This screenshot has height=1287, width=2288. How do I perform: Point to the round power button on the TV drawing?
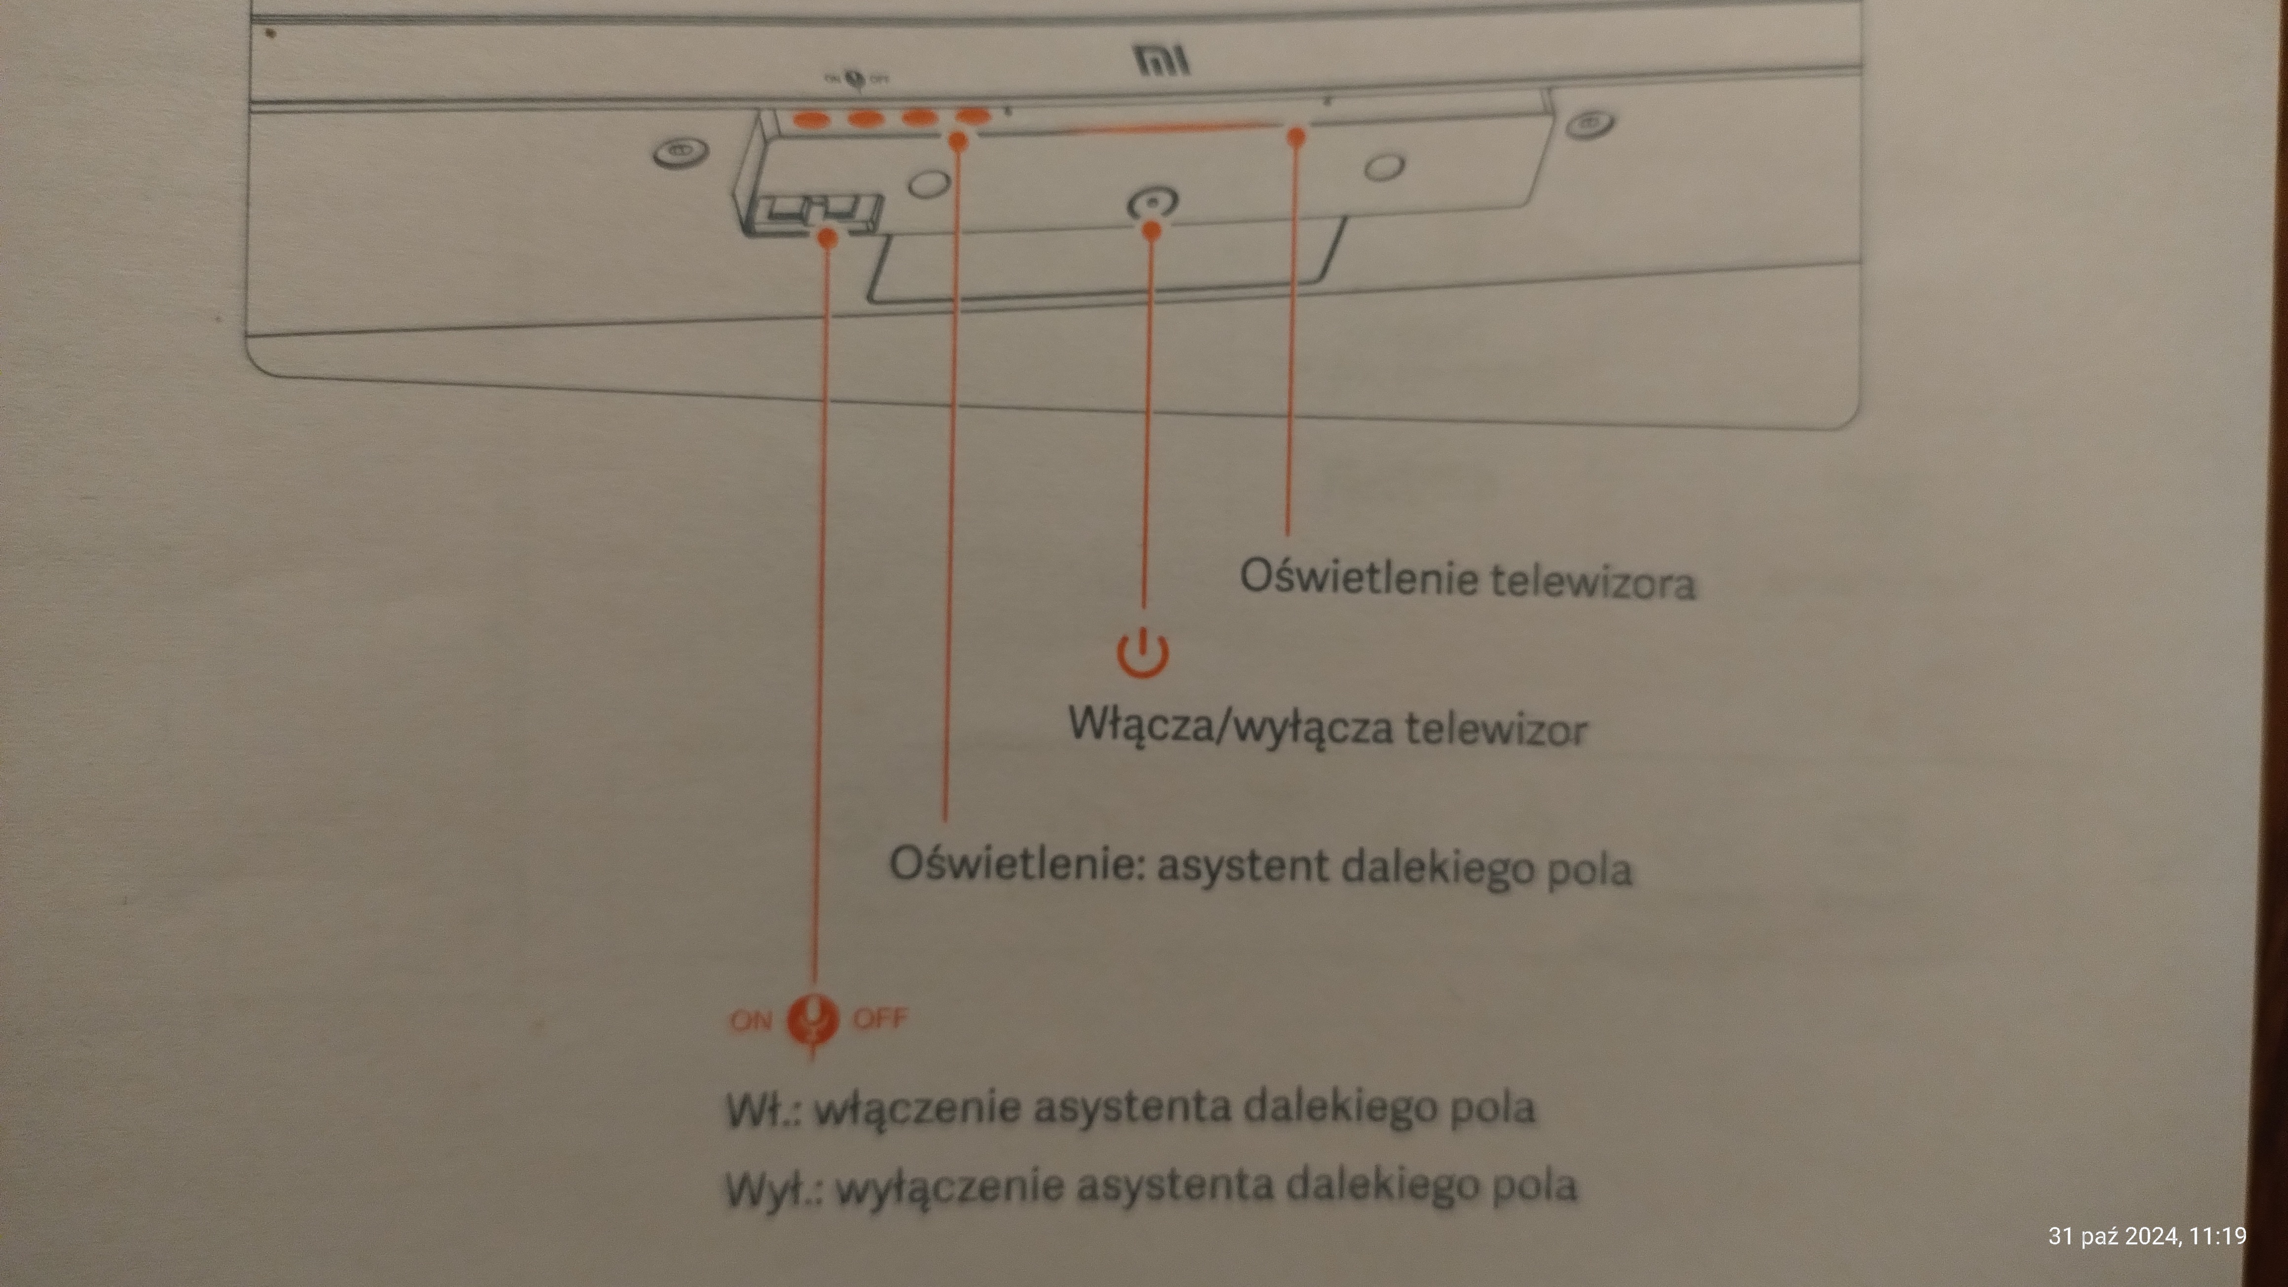tap(1151, 203)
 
